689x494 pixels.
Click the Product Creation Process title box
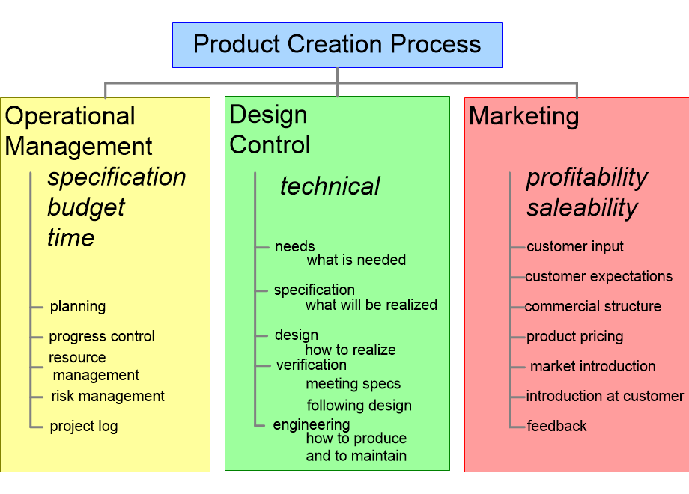pyautogui.click(x=337, y=45)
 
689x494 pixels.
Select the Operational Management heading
pyautogui.click(x=79, y=131)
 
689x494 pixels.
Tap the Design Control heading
pyautogui.click(x=270, y=129)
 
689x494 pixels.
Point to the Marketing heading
pyautogui.click(x=523, y=116)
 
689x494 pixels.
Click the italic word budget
pyautogui.click(x=86, y=207)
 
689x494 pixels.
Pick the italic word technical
pyautogui.click(x=330, y=186)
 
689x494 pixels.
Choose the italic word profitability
pyautogui.click(x=586, y=177)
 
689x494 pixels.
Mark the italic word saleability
pyautogui.click(x=582, y=207)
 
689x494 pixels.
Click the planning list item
pyautogui.click(x=78, y=306)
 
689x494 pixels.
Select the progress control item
pyautogui.click(x=102, y=336)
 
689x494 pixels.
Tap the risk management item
pyautogui.click(x=108, y=396)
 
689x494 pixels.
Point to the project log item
pyautogui.click(x=84, y=426)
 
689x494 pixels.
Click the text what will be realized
pyautogui.click(x=371, y=305)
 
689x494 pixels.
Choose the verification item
pyautogui.click(x=311, y=365)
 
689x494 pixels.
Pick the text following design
pyautogui.click(x=359, y=406)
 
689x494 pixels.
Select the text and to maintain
pyautogui.click(x=356, y=455)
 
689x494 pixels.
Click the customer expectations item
pyautogui.click(x=598, y=276)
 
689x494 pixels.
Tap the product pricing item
pyautogui.click(x=574, y=336)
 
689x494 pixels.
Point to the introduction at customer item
pyautogui.click(x=604, y=396)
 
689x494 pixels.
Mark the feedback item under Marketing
pyautogui.click(x=556, y=426)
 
